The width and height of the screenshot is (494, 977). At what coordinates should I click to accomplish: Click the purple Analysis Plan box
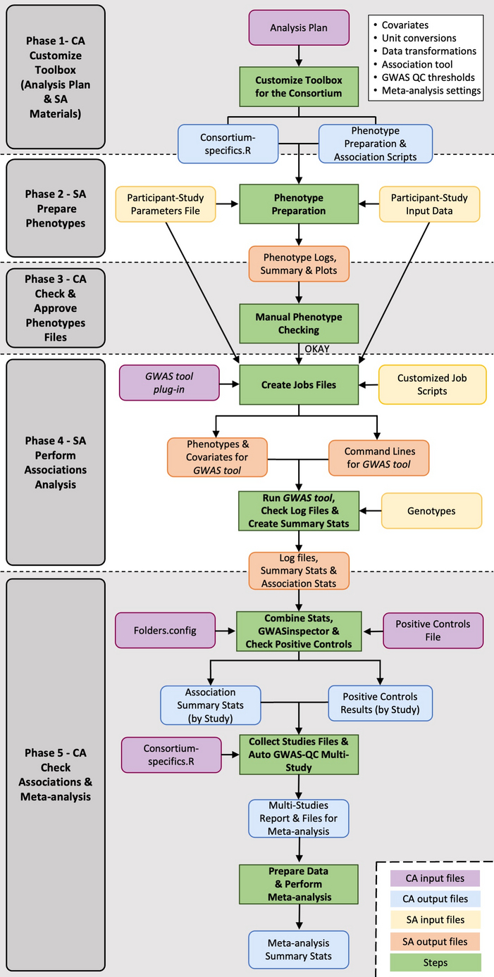point(300,28)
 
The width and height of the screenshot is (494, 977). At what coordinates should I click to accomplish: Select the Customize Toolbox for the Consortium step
point(299,87)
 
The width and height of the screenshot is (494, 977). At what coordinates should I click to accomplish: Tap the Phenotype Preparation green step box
point(299,204)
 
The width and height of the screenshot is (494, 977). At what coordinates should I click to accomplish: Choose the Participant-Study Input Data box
point(429,203)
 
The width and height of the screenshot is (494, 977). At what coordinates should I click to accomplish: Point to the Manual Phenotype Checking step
point(299,322)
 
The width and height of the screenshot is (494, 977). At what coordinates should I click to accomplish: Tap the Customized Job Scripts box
point(432,384)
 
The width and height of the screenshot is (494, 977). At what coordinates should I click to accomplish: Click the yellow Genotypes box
point(432,511)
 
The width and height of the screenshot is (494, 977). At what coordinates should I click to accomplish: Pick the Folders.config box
point(165,629)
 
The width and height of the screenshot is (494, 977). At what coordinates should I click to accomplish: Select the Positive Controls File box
point(433,630)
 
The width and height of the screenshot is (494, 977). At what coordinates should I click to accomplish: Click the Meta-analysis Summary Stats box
point(299,949)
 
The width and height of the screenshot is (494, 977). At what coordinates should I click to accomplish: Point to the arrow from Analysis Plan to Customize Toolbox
point(300,55)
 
